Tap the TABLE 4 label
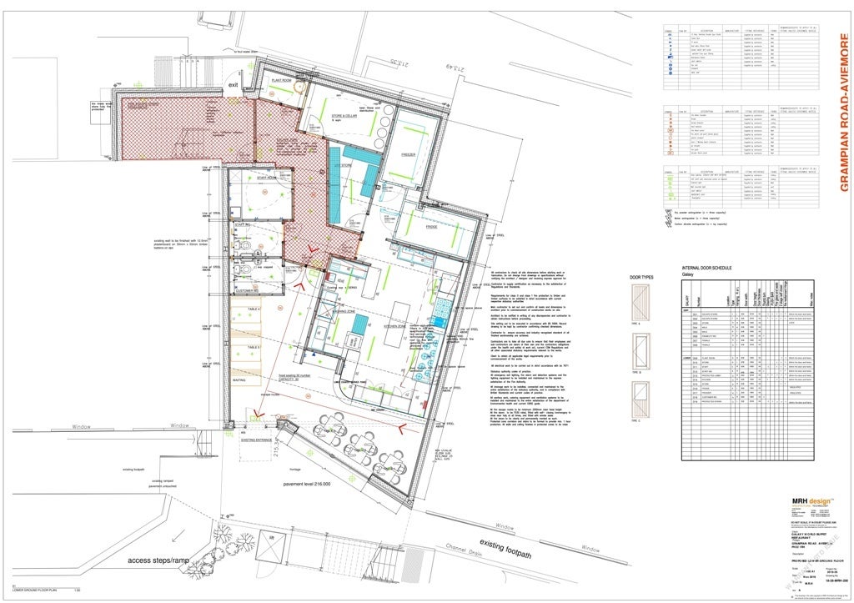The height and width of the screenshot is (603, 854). point(229,309)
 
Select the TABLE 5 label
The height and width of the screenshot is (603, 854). point(229,346)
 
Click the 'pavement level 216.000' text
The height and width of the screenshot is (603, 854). point(307,483)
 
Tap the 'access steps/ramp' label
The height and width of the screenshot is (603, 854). point(162,560)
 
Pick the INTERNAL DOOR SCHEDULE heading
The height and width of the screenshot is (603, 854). point(706,267)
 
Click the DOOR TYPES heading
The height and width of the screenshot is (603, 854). point(641,277)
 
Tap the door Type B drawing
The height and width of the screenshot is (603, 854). point(642,344)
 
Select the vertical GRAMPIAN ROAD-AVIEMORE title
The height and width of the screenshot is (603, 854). point(844,113)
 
